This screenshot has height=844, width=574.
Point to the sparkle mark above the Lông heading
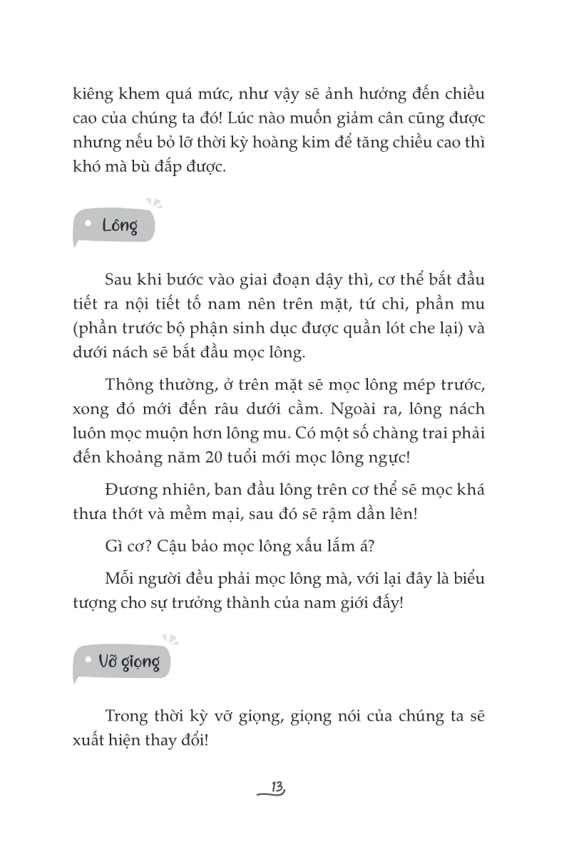coord(154,203)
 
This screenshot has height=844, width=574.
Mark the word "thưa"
coord(89,515)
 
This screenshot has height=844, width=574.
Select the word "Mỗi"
coord(121,578)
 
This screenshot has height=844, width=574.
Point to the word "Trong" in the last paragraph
coord(126,716)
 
